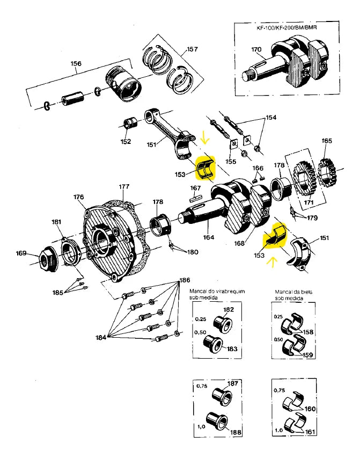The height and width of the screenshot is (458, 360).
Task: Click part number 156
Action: tap(76, 64)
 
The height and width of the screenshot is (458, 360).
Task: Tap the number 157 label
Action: tap(192, 49)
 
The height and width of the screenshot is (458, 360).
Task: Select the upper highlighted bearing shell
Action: tap(205, 169)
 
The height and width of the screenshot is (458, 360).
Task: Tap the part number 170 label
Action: tap(256, 50)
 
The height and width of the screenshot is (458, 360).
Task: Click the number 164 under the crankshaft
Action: tap(208, 237)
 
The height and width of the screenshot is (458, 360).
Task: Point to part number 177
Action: tap(124, 187)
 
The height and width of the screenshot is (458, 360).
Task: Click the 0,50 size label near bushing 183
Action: tap(200, 332)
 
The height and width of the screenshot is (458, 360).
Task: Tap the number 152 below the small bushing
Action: tap(126, 142)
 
